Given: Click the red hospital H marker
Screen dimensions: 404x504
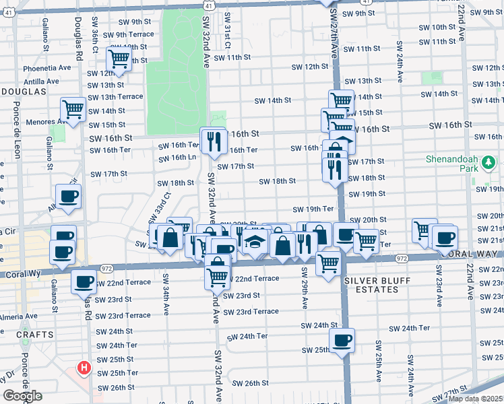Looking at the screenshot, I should pyautogui.click(x=84, y=368).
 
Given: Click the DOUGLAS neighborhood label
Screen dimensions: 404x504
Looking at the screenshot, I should pyautogui.click(x=23, y=90).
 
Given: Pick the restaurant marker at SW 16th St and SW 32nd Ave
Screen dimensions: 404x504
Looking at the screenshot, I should pyautogui.click(x=213, y=140).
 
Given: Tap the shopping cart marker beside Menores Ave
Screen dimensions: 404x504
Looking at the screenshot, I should pyautogui.click(x=73, y=108).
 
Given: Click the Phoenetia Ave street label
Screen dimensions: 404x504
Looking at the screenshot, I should pyautogui.click(x=46, y=67).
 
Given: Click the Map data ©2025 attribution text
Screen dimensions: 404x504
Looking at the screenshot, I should pyautogui.click(x=474, y=399).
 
